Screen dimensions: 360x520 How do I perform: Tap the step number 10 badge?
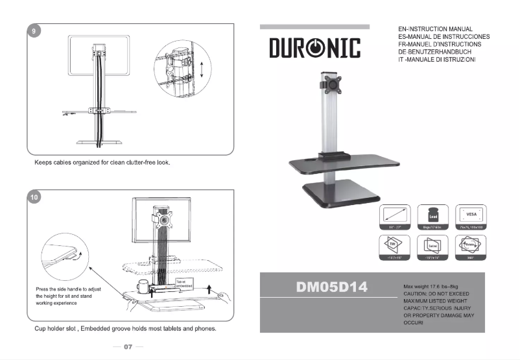click(34, 197)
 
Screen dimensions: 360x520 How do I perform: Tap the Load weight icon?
click(432, 215)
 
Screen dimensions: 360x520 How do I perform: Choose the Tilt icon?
click(393, 246)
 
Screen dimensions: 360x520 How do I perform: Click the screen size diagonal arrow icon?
click(393, 215)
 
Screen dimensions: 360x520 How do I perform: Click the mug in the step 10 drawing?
click(143, 286)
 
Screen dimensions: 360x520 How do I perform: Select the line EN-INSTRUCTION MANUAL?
click(434, 29)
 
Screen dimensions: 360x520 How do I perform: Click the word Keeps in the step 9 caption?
click(45, 162)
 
